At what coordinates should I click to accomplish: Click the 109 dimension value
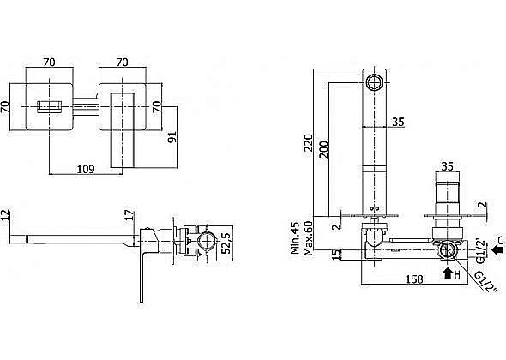(86, 169)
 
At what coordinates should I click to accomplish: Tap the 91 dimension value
(172, 137)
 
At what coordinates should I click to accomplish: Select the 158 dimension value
(414, 279)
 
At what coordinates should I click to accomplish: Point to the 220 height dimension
(309, 142)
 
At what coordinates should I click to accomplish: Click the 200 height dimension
(323, 149)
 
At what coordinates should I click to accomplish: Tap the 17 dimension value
(129, 215)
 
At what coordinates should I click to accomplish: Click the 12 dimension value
(5, 215)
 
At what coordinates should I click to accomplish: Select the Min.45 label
(295, 237)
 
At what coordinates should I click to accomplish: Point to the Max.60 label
(309, 238)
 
